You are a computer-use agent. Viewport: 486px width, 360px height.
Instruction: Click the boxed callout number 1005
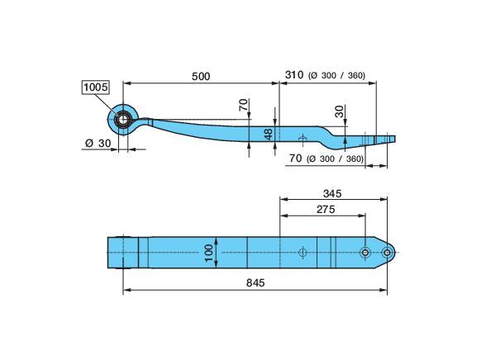click(x=96, y=88)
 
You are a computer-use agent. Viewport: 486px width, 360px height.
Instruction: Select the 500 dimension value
click(x=201, y=76)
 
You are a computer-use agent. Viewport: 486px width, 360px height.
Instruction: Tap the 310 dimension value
click(x=294, y=75)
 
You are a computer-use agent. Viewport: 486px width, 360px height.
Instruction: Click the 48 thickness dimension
click(x=269, y=134)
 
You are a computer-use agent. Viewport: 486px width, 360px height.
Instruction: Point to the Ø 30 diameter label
click(x=98, y=143)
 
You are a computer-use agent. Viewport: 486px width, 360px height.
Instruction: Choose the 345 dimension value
click(x=332, y=193)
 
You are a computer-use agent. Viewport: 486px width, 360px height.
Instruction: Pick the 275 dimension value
click(x=326, y=210)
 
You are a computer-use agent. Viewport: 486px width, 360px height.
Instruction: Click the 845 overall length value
click(x=255, y=282)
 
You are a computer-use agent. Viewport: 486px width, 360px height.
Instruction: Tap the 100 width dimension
click(x=209, y=253)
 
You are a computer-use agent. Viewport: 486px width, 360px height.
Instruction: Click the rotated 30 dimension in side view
click(x=340, y=111)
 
